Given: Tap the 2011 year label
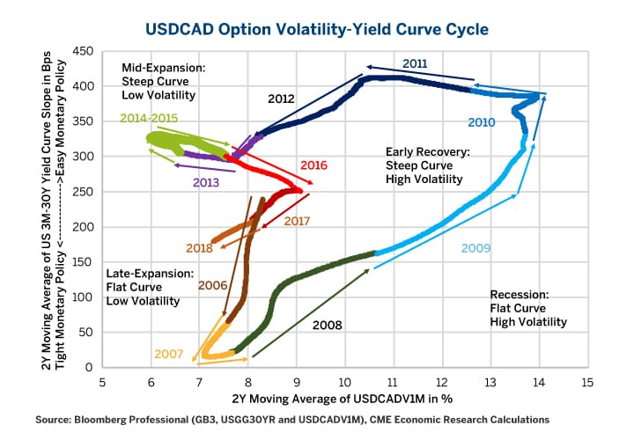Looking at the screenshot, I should click(x=416, y=63).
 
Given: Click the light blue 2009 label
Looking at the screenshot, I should click(x=476, y=247).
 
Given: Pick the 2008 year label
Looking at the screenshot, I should click(x=327, y=325).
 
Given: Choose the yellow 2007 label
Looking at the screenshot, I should click(x=168, y=354).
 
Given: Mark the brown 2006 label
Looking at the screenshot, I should click(x=213, y=285).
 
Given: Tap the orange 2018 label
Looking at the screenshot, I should click(x=200, y=248).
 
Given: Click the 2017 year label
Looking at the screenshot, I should click(x=297, y=220).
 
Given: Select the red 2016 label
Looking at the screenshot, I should click(x=314, y=165).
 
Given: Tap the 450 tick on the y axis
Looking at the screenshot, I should click(x=82, y=52).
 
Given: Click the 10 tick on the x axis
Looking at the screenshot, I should click(x=344, y=382).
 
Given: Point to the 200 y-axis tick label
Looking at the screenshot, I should click(x=82, y=227).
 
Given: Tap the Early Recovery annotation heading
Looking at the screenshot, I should click(x=427, y=151).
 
